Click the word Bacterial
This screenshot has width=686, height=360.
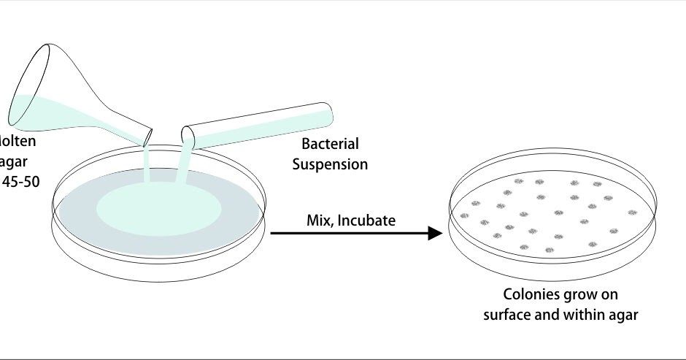(330, 145)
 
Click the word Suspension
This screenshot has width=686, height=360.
(330, 164)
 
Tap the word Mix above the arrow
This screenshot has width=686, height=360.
(319, 219)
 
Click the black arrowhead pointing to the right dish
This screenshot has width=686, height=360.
(436, 233)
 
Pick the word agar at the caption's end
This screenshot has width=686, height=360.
(624, 315)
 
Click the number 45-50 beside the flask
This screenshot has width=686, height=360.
(20, 180)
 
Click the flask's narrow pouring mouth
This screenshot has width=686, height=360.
(148, 136)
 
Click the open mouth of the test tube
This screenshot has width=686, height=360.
(188, 136)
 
